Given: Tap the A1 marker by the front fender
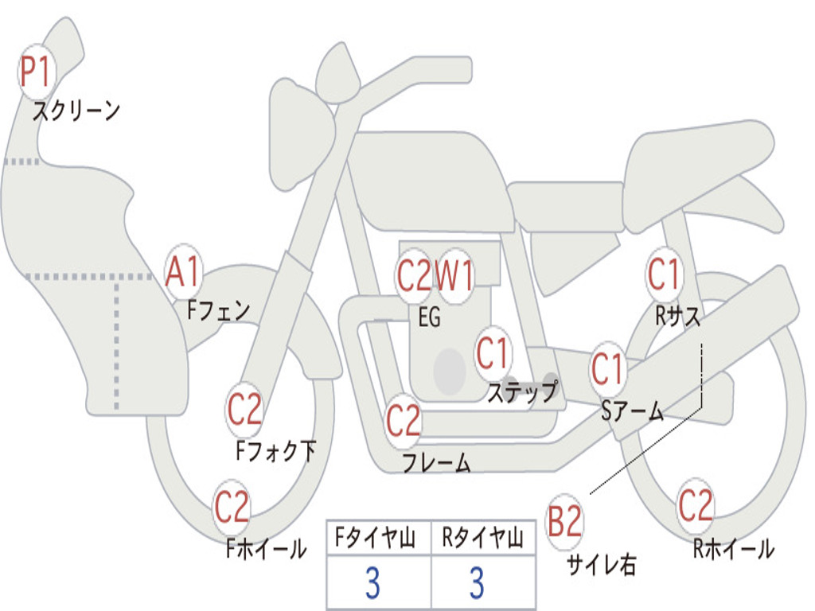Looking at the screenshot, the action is [183, 271].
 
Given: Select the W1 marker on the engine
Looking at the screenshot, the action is [454, 275].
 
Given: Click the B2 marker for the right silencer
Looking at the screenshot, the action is [564, 521].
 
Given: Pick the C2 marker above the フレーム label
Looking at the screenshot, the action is [404, 420].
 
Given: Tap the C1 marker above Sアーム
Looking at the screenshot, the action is [607, 369].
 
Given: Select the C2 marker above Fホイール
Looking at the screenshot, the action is [232, 507].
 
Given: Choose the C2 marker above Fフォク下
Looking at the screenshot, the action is [245, 410].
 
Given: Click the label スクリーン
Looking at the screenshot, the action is [76, 111].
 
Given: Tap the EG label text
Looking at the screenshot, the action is [429, 317].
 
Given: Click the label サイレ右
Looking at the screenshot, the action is [601, 564].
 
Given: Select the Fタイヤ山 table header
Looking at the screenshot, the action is [376, 537].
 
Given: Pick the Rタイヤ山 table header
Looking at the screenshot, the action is [482, 537].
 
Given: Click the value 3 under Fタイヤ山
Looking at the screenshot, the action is [372, 583].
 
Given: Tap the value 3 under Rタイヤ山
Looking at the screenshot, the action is [478, 583].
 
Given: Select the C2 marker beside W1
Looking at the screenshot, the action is [415, 275].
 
